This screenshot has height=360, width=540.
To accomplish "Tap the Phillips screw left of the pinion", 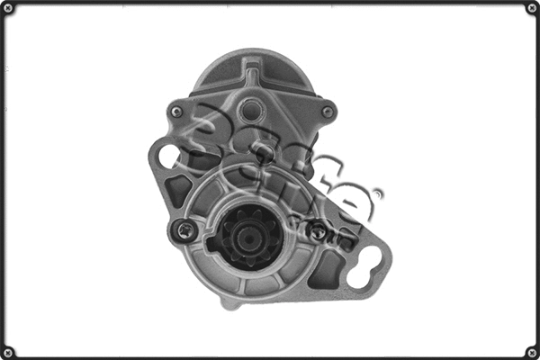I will click(185, 230).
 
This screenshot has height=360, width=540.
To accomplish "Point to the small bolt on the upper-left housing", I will click(176, 112).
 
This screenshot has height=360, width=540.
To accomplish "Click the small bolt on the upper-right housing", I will click(328, 112).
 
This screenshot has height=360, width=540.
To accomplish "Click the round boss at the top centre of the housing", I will click(253, 112).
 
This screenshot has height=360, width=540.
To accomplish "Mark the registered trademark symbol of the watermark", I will click(378, 193).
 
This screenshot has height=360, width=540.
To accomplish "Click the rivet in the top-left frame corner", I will click(8, 8).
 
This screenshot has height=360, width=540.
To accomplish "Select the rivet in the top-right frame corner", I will click(531, 8).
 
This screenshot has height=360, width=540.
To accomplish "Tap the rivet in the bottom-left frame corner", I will click(8, 351).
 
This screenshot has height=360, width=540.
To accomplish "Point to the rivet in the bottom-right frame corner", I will click(531, 351).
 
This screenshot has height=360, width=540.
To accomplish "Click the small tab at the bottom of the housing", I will click(231, 304).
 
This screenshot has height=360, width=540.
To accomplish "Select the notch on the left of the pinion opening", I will click(211, 241).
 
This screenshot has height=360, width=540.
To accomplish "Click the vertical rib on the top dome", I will click(253, 70).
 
